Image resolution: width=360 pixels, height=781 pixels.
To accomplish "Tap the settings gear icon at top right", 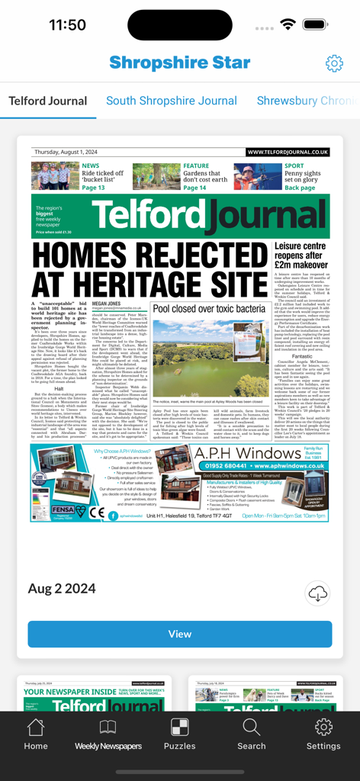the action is (334, 63).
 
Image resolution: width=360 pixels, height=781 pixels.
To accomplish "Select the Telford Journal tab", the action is (48, 101).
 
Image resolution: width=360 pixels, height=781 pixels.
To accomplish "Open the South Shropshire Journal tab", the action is (172, 101).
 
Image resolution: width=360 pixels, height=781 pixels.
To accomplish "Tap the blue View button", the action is (180, 634).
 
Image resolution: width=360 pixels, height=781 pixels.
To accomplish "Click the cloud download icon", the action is (318, 593).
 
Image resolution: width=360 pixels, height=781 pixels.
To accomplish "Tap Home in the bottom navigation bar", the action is (36, 734).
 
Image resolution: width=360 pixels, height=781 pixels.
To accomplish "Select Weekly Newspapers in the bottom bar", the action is (108, 734).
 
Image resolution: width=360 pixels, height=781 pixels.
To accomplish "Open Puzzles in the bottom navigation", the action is (180, 734).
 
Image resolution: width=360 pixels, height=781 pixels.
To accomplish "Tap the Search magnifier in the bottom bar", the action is (252, 734).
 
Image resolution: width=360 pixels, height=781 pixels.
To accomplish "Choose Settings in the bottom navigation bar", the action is (323, 734).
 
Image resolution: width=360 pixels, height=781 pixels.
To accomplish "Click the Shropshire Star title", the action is (180, 63).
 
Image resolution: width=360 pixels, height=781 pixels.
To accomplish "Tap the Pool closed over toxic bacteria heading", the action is (209, 309).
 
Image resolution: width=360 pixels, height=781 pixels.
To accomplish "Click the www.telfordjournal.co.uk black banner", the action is (288, 153).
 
